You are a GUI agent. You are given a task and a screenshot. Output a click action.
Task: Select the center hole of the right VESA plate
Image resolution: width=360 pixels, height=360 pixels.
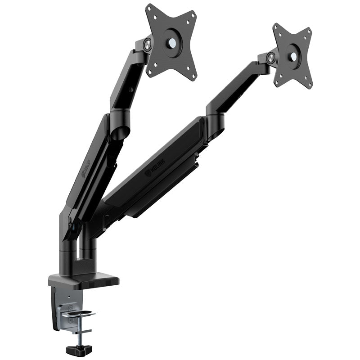click(293, 56)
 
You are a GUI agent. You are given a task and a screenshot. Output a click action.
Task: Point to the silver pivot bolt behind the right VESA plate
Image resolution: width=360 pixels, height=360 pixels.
click(270, 58)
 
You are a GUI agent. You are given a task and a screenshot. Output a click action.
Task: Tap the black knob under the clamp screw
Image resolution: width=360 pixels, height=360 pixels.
click(79, 349)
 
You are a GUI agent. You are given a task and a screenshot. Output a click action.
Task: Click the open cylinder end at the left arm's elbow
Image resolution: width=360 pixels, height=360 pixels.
click(119, 133)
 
